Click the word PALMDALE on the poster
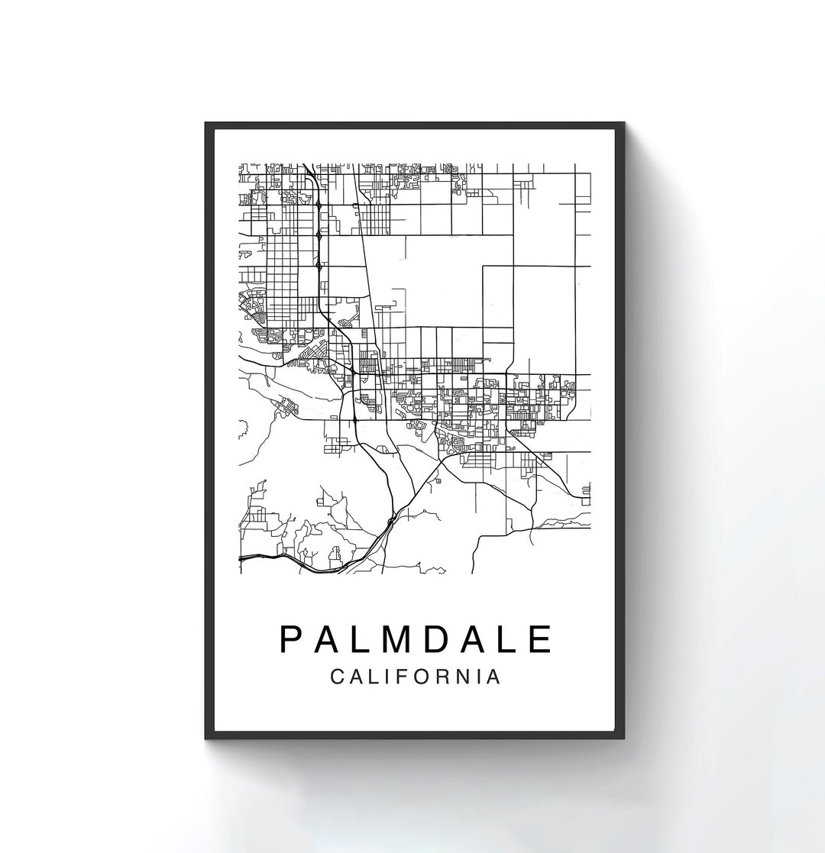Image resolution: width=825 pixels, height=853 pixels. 416,639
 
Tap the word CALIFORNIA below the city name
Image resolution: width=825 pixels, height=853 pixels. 416,677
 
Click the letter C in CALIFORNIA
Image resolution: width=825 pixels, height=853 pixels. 338,677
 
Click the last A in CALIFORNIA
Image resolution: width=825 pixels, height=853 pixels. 494,677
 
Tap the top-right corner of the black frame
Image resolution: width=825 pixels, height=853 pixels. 626,123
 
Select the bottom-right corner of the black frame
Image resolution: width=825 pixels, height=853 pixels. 626,738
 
